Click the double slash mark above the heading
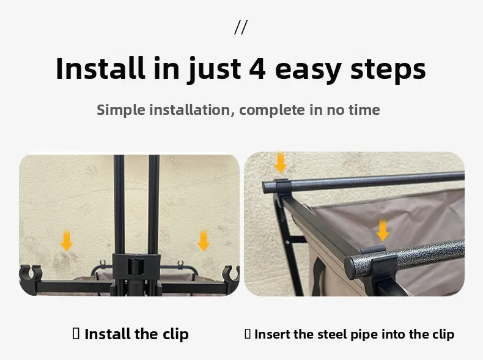pos(240,28)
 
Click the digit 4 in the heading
pos(257,69)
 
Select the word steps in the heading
pos(388,71)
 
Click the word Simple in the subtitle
pos(121,110)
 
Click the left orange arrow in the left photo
pos(67,241)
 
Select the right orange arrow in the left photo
pos(204,241)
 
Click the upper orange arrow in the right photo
pos(280,163)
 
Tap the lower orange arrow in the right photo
pos(382,230)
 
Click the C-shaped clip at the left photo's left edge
pos(30,273)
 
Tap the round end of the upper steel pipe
pos(267,188)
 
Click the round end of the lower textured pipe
pos(350,268)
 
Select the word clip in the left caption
pos(175,335)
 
